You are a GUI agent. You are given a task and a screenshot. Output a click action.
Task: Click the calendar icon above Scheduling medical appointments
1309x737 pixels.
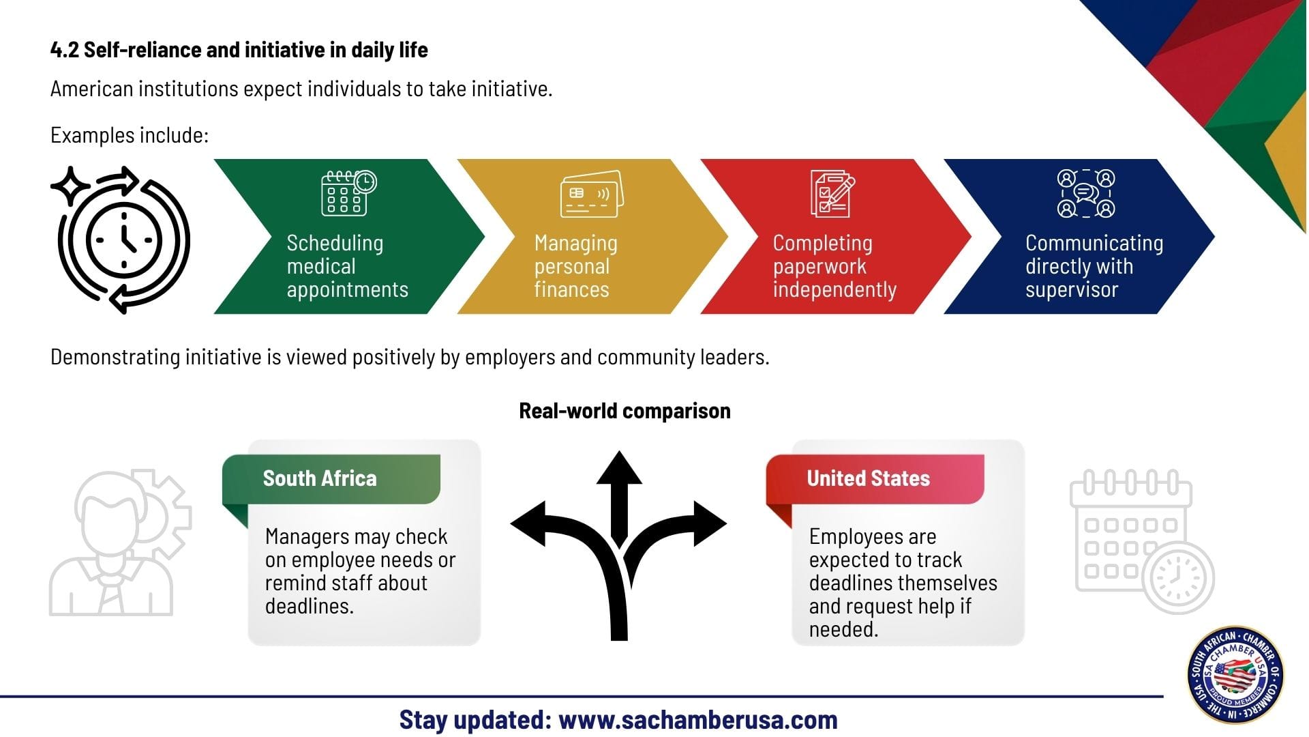point(348,193)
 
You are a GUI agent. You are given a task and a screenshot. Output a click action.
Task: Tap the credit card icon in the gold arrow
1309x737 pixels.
point(591,194)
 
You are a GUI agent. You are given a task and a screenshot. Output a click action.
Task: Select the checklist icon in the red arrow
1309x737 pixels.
point(832,194)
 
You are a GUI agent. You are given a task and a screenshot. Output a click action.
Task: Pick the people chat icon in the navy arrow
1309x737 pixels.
point(1085,194)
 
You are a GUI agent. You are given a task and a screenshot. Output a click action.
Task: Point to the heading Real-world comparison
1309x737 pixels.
point(625,411)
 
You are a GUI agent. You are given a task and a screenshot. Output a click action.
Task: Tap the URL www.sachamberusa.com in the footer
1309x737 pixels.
point(697,720)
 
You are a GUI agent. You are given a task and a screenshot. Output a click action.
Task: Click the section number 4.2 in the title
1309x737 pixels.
point(64,50)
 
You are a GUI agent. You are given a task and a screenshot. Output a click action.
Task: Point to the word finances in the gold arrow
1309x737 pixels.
point(571,290)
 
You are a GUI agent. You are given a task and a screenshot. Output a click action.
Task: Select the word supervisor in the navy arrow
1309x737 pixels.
point(1072,290)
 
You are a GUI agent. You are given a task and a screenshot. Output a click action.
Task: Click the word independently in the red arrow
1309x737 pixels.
point(834,290)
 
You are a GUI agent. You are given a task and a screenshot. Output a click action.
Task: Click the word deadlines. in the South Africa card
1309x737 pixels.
point(309,606)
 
